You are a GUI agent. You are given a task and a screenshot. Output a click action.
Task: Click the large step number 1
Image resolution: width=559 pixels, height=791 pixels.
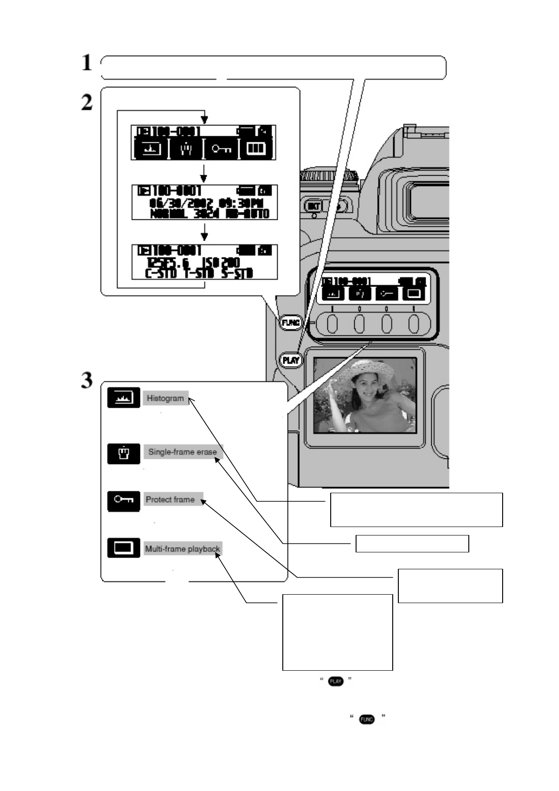[86, 63]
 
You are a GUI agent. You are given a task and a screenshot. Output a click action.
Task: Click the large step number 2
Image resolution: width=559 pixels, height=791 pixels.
[87, 102]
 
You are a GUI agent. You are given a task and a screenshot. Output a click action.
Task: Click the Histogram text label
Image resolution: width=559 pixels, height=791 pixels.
[165, 398]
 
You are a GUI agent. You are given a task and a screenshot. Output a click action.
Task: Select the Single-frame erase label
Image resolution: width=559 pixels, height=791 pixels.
[183, 452]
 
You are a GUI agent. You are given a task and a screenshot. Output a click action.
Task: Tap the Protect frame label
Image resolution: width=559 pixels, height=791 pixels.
[170, 500]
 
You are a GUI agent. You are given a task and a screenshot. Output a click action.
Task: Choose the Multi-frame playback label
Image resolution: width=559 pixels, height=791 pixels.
[182, 549]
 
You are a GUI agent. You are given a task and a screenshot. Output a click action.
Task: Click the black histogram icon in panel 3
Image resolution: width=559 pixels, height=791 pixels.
[124, 398]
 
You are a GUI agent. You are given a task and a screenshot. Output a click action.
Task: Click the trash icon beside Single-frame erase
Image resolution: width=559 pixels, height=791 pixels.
[124, 454]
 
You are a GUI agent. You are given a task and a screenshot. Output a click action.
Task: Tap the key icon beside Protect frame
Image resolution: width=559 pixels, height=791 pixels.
[124, 501]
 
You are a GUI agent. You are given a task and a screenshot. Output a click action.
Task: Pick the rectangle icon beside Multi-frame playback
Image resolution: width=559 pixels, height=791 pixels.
[124, 548]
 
